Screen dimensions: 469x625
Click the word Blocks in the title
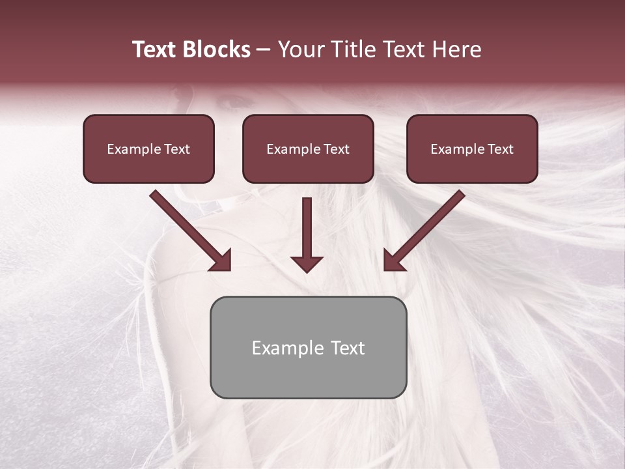(217, 50)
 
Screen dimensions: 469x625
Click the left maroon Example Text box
(148, 149)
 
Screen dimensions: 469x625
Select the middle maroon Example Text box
(308, 149)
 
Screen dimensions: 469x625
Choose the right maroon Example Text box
(472, 149)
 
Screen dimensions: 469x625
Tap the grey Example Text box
(308, 347)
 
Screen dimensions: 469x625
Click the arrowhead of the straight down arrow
(307, 263)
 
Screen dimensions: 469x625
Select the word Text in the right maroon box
(500, 149)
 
